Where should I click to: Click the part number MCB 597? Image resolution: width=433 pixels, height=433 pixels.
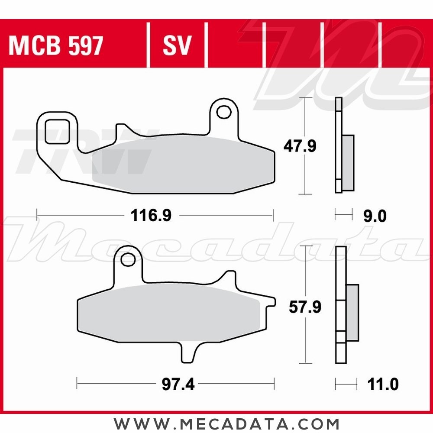tap(56, 46)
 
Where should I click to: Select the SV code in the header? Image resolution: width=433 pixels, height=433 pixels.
tap(177, 46)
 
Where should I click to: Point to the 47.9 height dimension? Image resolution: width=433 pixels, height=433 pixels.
tap(300, 146)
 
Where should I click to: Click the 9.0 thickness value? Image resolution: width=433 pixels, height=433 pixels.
tap(375, 216)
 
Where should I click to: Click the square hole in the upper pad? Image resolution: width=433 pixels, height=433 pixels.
tap(57, 132)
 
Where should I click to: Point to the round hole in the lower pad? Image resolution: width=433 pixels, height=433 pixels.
tap(128, 259)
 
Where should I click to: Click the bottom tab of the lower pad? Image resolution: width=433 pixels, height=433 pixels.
tap(187, 351)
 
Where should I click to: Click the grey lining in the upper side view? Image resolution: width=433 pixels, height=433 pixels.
tap(348, 162)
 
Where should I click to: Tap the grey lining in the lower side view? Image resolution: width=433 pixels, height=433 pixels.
tap(352, 312)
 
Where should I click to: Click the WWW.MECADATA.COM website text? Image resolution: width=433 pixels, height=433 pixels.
tap(226, 423)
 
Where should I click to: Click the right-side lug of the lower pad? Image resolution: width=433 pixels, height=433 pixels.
tap(270, 302)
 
